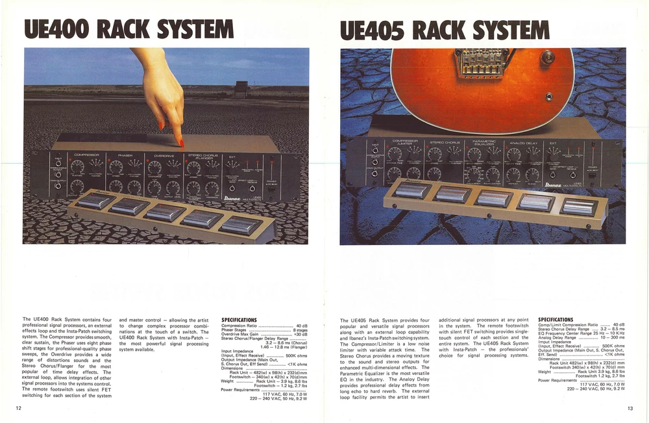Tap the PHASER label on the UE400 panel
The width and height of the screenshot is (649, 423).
125,155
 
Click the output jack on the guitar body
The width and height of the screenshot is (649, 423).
549,96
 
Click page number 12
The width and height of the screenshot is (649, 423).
19,407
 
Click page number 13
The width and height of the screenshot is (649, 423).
630,407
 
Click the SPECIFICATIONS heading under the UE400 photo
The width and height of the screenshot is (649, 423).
239,320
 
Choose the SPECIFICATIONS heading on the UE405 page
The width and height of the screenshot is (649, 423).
556,320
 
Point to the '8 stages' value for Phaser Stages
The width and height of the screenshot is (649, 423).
300,329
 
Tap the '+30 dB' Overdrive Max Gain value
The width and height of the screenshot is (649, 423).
300,334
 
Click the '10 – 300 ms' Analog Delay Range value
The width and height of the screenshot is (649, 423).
612,338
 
